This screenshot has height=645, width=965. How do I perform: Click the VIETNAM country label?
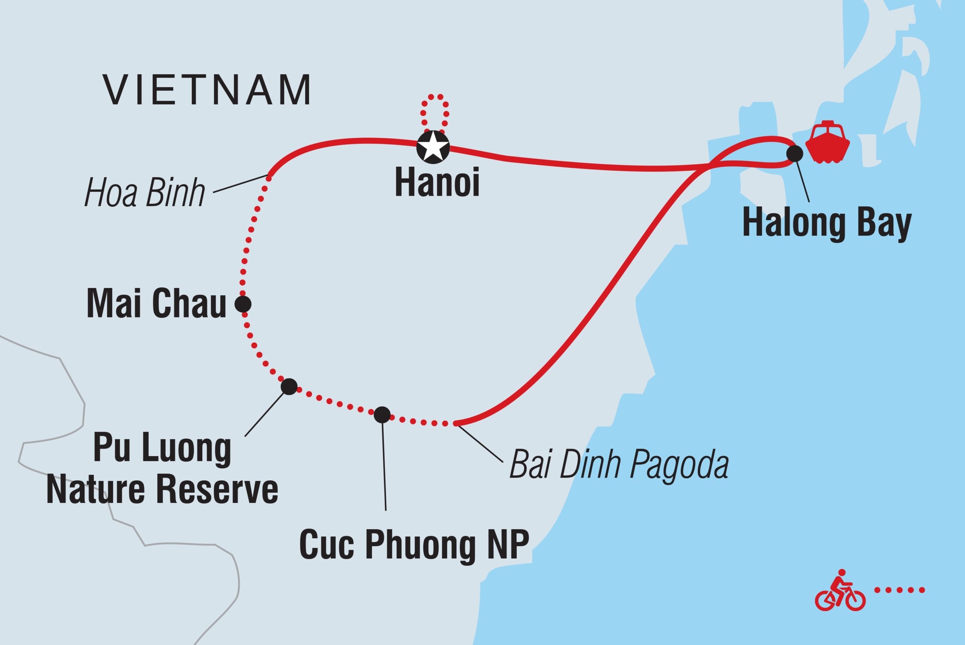coord(208,90)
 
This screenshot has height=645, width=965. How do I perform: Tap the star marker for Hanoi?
coord(433,147)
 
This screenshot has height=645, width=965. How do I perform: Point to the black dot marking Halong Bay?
coord(794,153)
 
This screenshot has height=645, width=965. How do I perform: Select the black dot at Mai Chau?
coord(243,304)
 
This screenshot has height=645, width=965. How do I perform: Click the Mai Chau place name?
coord(156,304)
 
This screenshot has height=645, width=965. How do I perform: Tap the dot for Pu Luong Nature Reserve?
coord(289,386)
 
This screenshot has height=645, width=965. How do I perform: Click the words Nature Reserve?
coord(162,491)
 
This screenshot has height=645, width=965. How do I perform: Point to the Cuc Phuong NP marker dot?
coord(382,415)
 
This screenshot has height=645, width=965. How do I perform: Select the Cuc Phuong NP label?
coord(414,545)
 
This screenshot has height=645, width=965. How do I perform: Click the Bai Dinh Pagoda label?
coord(619,465)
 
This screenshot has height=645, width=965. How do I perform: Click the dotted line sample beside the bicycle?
coord(899,590)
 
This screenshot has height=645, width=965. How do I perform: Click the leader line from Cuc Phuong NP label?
coord(384,465)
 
